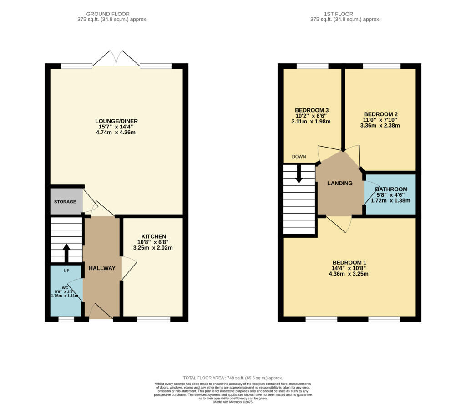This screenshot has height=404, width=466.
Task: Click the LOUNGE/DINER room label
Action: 116,121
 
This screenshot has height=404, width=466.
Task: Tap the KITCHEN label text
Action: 154,236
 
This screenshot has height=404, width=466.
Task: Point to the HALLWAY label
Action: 102,268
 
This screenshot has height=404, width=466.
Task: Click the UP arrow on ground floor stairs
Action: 66,253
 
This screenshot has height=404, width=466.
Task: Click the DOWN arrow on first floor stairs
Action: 299,174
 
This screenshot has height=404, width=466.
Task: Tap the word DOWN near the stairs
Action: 299,157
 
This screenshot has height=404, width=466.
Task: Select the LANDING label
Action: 340,183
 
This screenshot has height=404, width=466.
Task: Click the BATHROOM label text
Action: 391,189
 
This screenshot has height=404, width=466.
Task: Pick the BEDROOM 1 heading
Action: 349,262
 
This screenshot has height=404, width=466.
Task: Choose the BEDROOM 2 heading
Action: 381,114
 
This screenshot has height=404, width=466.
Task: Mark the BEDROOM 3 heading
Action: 312,110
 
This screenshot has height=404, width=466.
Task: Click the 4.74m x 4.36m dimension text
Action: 116,133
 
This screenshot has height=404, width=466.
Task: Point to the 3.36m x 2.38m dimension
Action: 380,126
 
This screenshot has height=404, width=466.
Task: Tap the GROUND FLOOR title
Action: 108,14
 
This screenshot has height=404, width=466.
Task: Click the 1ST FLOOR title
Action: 339,14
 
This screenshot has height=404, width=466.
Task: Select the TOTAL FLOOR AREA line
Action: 233,378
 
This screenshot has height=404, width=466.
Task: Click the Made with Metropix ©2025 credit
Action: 233,402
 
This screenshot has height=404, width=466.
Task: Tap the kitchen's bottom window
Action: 154,319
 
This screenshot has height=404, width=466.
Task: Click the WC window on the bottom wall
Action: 66,319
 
